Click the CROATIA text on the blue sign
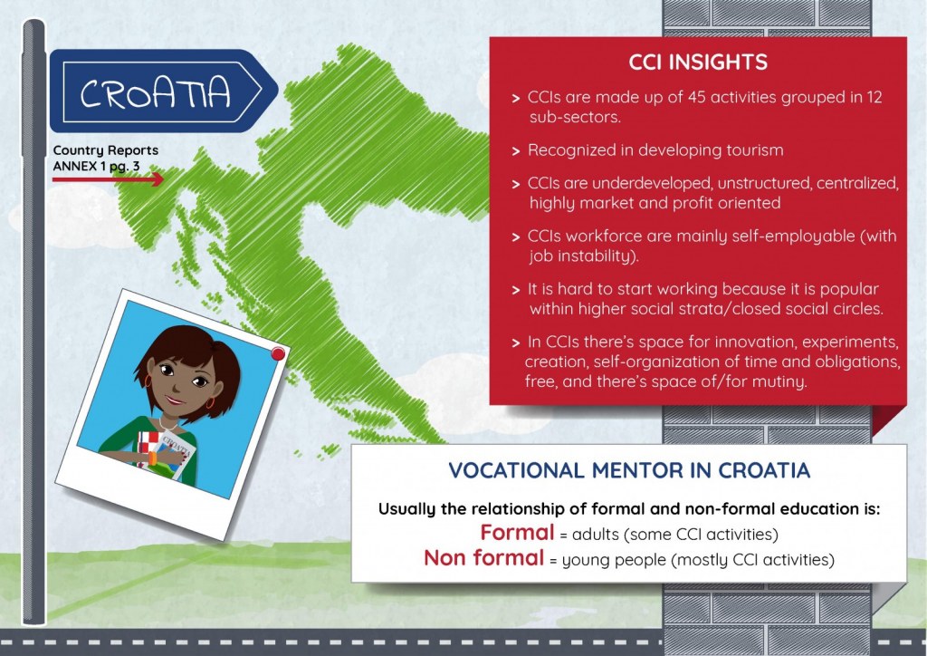[x=155, y=92]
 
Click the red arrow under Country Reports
[x=108, y=178]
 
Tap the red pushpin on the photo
[x=277, y=353]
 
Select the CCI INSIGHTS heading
[x=698, y=63]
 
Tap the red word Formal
[x=517, y=533]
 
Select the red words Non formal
[x=483, y=557]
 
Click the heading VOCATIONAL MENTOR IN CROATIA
[x=629, y=470]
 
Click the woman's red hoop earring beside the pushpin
[x=210, y=403]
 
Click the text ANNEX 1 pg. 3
[x=96, y=166]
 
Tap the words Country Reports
[x=105, y=150]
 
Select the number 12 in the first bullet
[x=874, y=97]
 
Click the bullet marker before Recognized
[x=515, y=151]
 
